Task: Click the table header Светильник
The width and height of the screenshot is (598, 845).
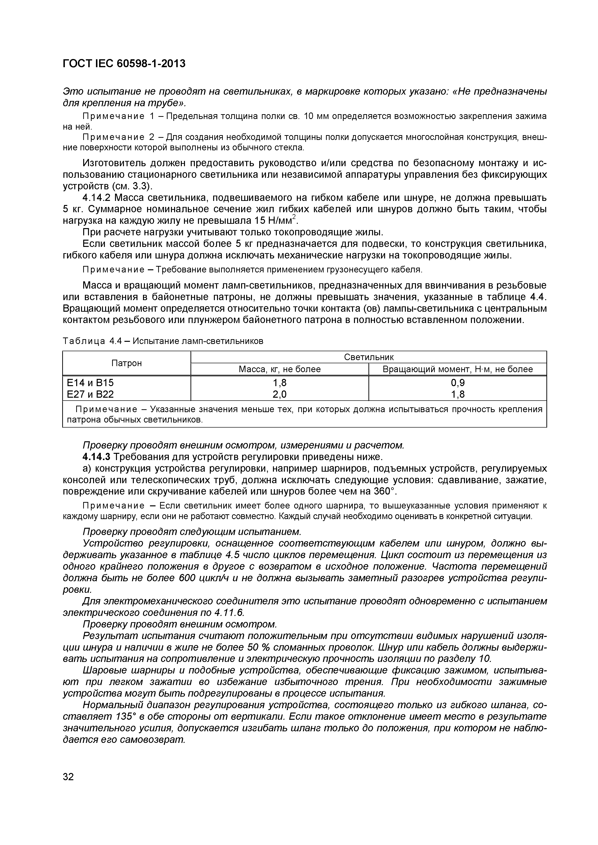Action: (x=368, y=357)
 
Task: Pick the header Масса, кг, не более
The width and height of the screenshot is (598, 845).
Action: (x=280, y=369)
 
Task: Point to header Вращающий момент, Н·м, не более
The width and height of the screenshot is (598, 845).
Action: (x=458, y=369)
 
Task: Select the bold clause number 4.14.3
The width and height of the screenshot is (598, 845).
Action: (x=96, y=457)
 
